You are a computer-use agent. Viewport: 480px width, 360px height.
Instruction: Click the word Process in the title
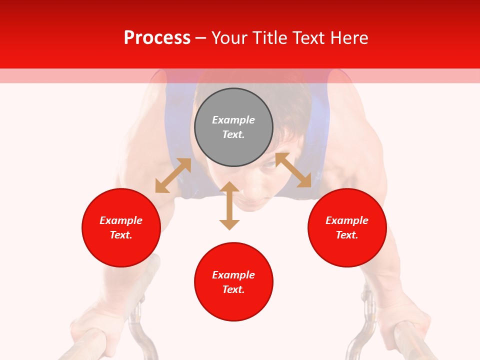(157, 38)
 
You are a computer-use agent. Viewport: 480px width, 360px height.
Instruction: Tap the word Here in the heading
(349, 38)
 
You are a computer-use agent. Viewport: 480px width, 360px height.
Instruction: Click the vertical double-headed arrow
(229, 205)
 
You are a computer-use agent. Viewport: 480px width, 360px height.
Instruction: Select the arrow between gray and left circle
(173, 175)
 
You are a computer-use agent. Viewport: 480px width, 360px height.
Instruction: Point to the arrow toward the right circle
(293, 170)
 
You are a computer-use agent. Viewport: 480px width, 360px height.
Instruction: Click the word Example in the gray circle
(233, 120)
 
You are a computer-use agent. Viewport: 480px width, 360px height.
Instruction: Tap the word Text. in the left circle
(121, 235)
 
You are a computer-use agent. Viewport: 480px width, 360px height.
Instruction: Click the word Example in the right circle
(347, 220)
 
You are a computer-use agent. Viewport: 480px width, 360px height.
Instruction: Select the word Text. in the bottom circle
(233, 289)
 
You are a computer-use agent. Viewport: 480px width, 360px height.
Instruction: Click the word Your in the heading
(229, 38)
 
